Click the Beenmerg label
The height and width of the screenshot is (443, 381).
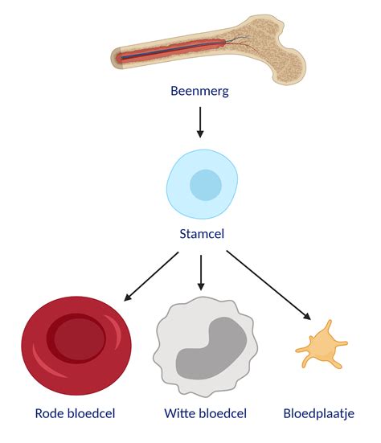200,91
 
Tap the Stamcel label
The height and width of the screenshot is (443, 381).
200,236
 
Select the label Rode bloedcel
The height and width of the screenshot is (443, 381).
76,414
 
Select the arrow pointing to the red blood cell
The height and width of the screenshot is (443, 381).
150,276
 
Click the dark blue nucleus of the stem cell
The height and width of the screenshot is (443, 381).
205,185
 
